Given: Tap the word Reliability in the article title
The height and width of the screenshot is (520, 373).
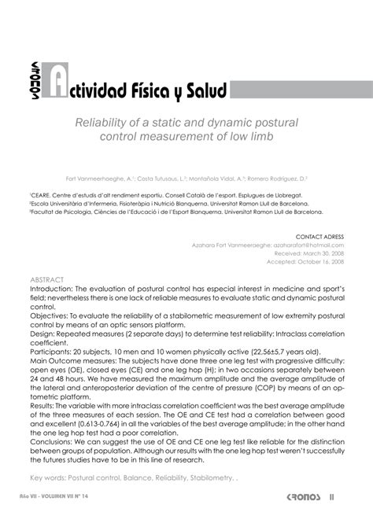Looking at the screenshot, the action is (x=105, y=124).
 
